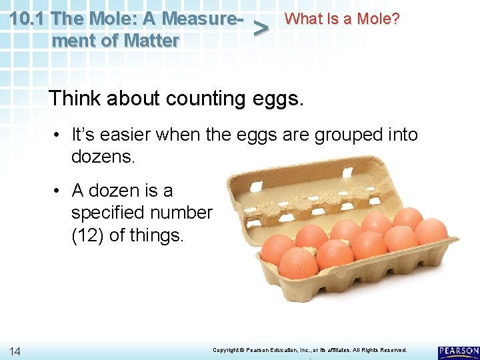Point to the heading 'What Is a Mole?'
(342, 19)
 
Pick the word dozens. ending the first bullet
(103, 157)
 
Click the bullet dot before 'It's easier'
(58, 135)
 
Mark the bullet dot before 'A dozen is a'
(58, 191)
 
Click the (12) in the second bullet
(89, 235)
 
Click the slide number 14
(15, 351)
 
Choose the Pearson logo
(459, 351)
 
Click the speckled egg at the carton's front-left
(298, 262)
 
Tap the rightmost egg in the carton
(431, 231)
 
